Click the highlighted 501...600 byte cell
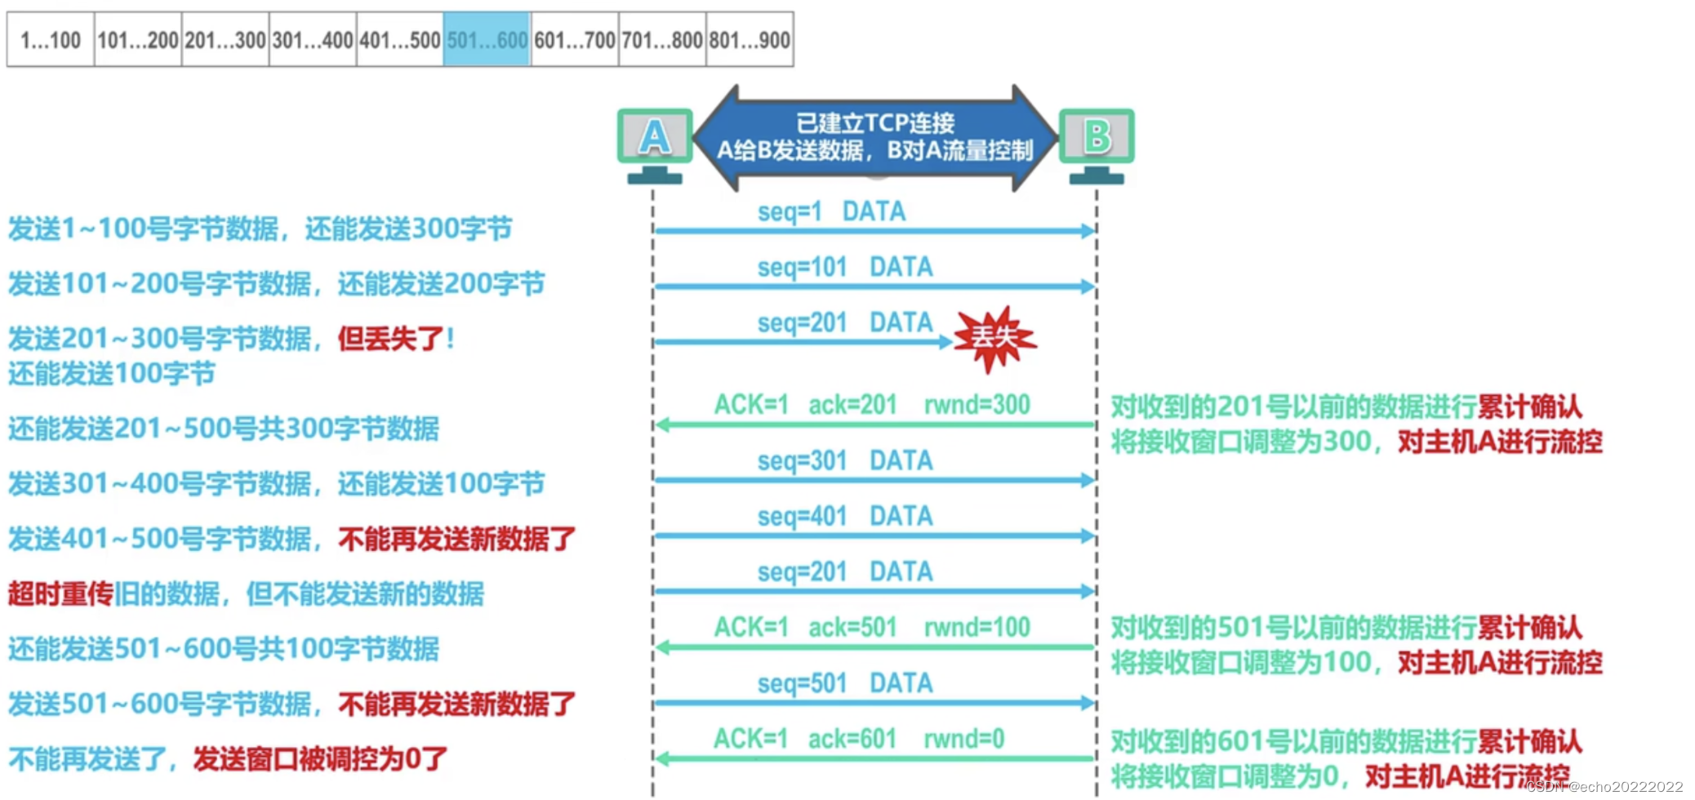click(487, 39)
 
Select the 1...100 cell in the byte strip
click(51, 39)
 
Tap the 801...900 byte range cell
click(750, 39)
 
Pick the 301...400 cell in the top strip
click(313, 39)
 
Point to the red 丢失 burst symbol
click(994, 337)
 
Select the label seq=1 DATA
click(831, 211)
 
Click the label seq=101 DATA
click(845, 267)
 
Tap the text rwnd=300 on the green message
click(977, 404)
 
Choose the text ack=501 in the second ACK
click(852, 627)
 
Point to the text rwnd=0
click(963, 739)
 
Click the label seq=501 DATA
click(845, 682)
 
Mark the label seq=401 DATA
click(845, 516)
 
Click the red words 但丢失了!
click(396, 338)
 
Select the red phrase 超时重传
click(60, 593)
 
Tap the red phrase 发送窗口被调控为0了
click(320, 759)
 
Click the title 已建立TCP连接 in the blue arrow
click(875, 123)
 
